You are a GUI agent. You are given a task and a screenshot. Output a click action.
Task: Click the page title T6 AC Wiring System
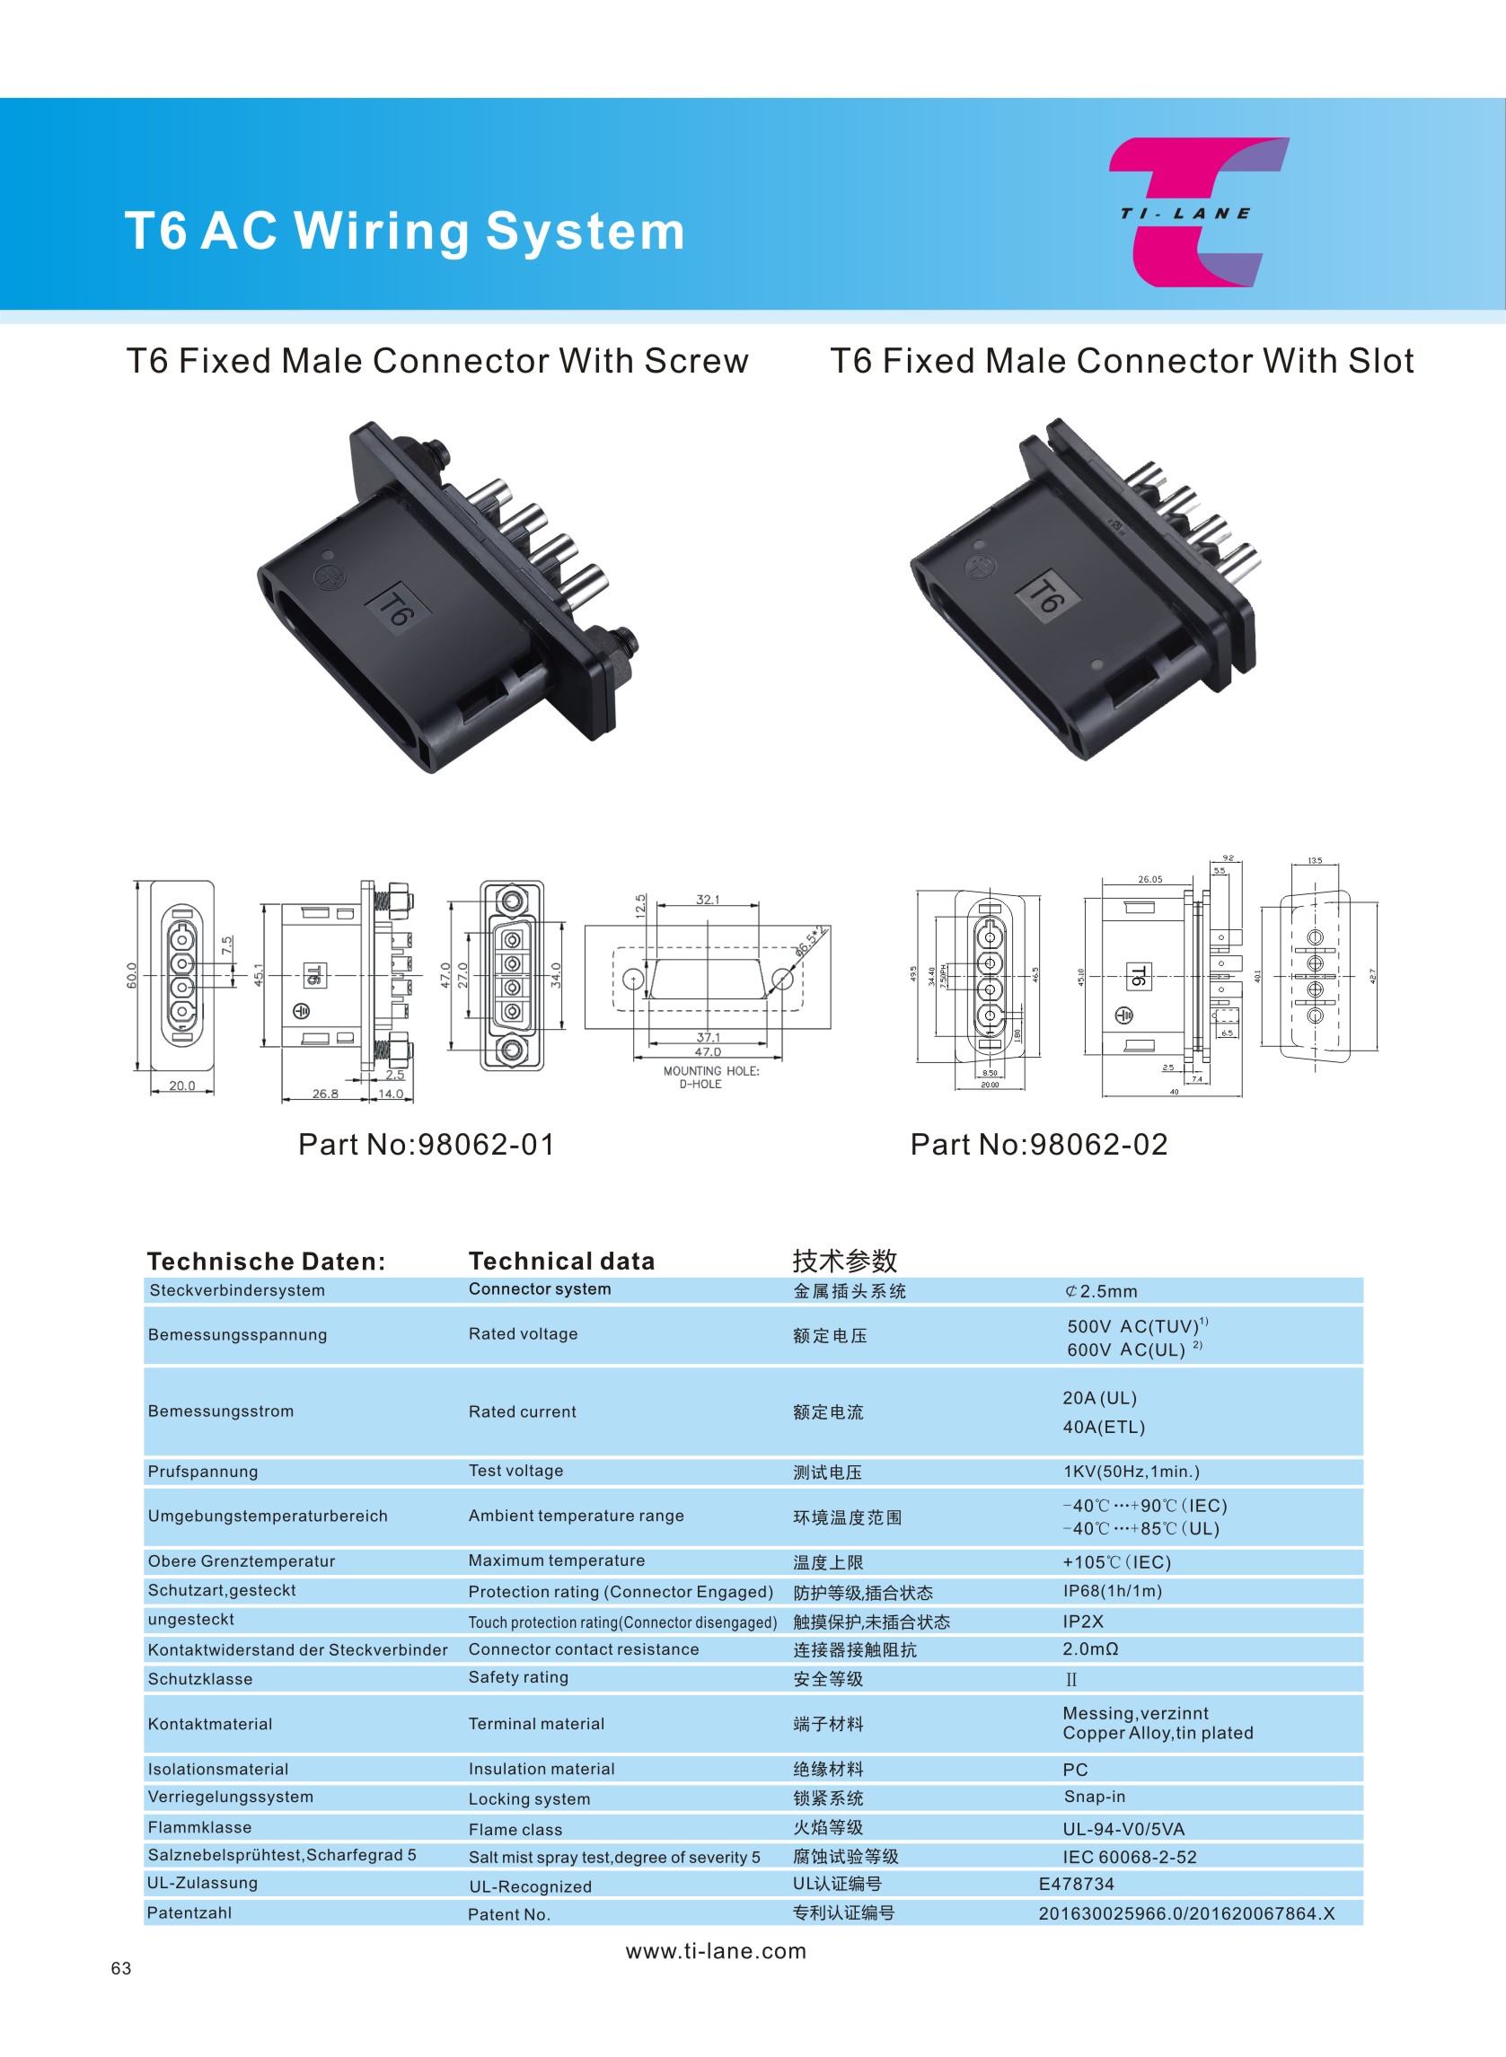(405, 231)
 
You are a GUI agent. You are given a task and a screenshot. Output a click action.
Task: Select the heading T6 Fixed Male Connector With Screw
(437, 361)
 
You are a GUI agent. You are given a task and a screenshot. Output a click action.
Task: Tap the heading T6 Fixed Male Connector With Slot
(1122, 361)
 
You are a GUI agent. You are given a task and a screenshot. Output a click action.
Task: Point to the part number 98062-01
(427, 1145)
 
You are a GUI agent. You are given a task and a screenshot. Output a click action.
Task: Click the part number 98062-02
(1039, 1145)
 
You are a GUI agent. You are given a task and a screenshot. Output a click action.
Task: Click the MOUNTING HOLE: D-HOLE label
(710, 1077)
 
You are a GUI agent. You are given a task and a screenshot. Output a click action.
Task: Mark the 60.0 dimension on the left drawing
(132, 975)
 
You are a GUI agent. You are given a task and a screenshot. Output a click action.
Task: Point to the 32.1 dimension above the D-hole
(708, 900)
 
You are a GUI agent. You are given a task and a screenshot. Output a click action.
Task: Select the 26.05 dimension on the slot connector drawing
(1149, 880)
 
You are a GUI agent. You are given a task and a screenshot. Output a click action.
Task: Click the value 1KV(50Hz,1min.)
(1132, 1472)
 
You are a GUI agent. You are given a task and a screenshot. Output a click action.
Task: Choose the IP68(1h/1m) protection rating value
(1112, 1591)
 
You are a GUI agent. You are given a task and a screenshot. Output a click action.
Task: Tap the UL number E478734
(1077, 1884)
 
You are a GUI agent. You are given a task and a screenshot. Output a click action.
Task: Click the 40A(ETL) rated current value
(1103, 1428)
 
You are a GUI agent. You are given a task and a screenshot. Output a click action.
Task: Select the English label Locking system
(529, 1799)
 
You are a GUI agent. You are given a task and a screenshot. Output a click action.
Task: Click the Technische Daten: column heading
(266, 1261)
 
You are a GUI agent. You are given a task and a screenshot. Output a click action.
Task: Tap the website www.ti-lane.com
(716, 1951)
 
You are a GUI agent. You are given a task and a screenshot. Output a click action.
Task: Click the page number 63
(121, 1969)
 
